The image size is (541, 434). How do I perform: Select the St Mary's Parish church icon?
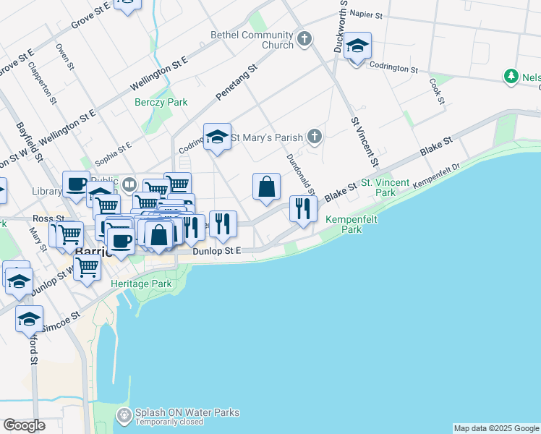(x=314, y=135)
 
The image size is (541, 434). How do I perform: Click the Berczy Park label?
(x=161, y=102)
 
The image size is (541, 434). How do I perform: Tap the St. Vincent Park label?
(x=385, y=188)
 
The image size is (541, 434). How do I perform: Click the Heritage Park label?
(x=141, y=284)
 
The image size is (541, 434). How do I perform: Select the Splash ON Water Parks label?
(x=187, y=413)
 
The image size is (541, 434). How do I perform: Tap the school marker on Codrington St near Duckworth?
(x=357, y=47)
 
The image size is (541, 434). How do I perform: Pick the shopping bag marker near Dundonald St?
(x=267, y=187)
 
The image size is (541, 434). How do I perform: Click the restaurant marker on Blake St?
(x=303, y=209)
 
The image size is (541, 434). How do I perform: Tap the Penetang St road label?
(x=237, y=85)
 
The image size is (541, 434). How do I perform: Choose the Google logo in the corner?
(x=24, y=425)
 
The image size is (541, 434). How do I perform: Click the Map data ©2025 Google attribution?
(x=496, y=428)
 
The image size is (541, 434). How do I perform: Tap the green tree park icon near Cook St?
(x=512, y=76)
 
